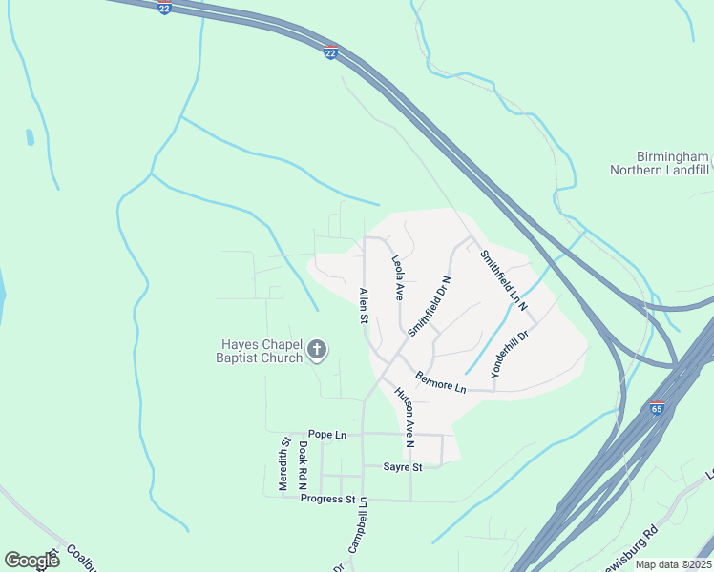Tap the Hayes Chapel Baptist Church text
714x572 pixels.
pyautogui.click(x=262, y=351)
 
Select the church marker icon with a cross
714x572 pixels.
pyautogui.click(x=318, y=351)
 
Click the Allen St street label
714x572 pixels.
pyautogui.click(x=363, y=305)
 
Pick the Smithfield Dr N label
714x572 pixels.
pyautogui.click(x=429, y=305)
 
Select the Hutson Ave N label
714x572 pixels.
pyautogui.click(x=405, y=417)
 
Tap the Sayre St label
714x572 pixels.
pyautogui.click(x=402, y=467)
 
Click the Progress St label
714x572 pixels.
pyautogui.click(x=327, y=499)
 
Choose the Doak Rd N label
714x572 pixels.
pyautogui.click(x=302, y=465)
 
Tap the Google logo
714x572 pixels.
pyautogui.click(x=31, y=560)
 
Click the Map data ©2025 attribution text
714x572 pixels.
pyautogui.click(x=672, y=564)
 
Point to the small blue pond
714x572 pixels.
pyautogui.click(x=31, y=137)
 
